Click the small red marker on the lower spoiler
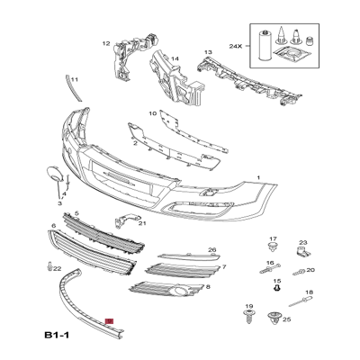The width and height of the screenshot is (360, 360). [x=110, y=320]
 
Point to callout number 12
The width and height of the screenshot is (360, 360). [x=105, y=43]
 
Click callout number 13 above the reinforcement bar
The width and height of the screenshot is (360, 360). [x=208, y=53]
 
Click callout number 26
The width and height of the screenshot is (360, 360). [x=212, y=250]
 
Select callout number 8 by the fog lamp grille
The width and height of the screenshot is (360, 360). [x=209, y=286]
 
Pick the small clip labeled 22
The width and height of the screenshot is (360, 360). [x=45, y=266]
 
